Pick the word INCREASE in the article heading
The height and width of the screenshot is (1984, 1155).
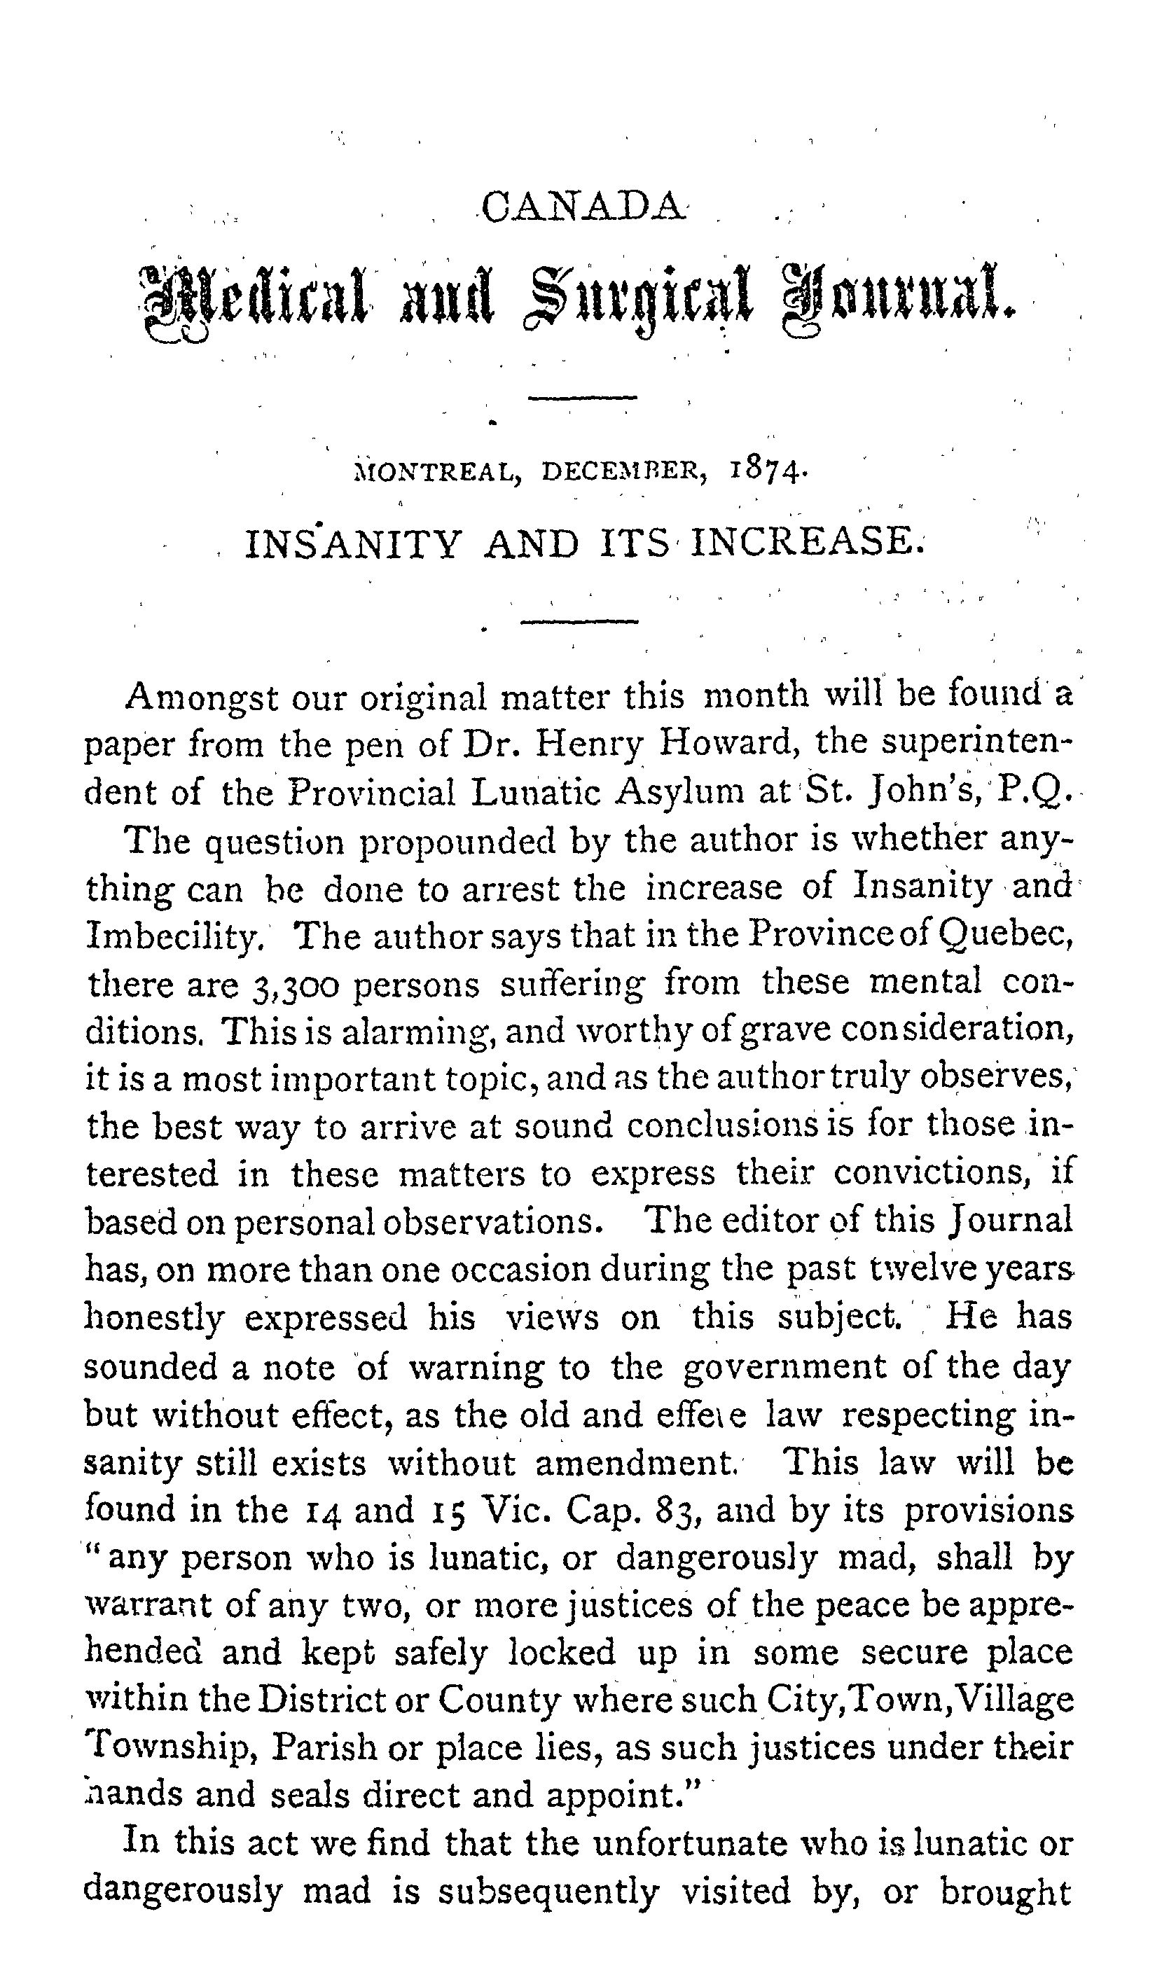pyautogui.click(x=803, y=543)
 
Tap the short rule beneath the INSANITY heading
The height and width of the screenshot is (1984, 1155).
pyautogui.click(x=579, y=623)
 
